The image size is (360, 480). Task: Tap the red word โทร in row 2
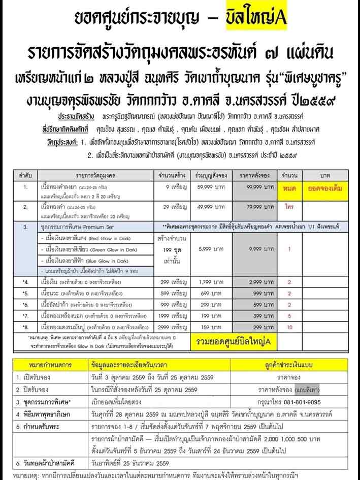click(x=288, y=208)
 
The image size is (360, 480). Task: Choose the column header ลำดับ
click(x=27, y=175)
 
